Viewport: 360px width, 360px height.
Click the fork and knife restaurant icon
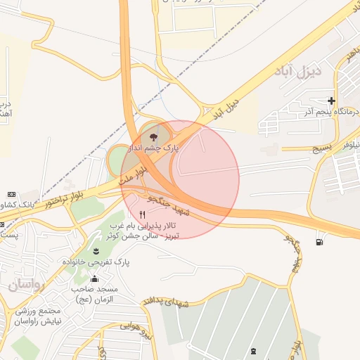(143, 214)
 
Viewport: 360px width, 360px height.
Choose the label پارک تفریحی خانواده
(94, 261)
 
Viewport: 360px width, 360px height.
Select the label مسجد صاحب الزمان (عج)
(94, 293)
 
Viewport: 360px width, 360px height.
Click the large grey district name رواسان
(27, 286)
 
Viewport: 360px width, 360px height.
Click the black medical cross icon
(331, 101)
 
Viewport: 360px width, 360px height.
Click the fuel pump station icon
(321, 243)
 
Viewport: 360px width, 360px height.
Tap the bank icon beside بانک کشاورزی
(11, 194)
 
